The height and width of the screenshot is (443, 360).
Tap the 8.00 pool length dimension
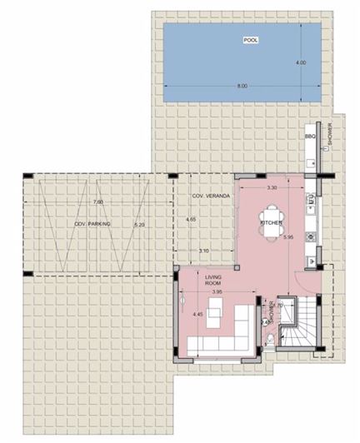coord(242,87)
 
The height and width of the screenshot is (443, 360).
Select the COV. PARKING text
coord(92,225)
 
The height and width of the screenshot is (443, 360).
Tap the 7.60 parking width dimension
coord(97,202)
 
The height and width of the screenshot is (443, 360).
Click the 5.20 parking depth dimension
coord(139,225)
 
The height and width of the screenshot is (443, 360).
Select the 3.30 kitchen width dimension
coord(271,189)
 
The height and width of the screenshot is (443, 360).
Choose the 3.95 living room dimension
coord(217,292)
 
